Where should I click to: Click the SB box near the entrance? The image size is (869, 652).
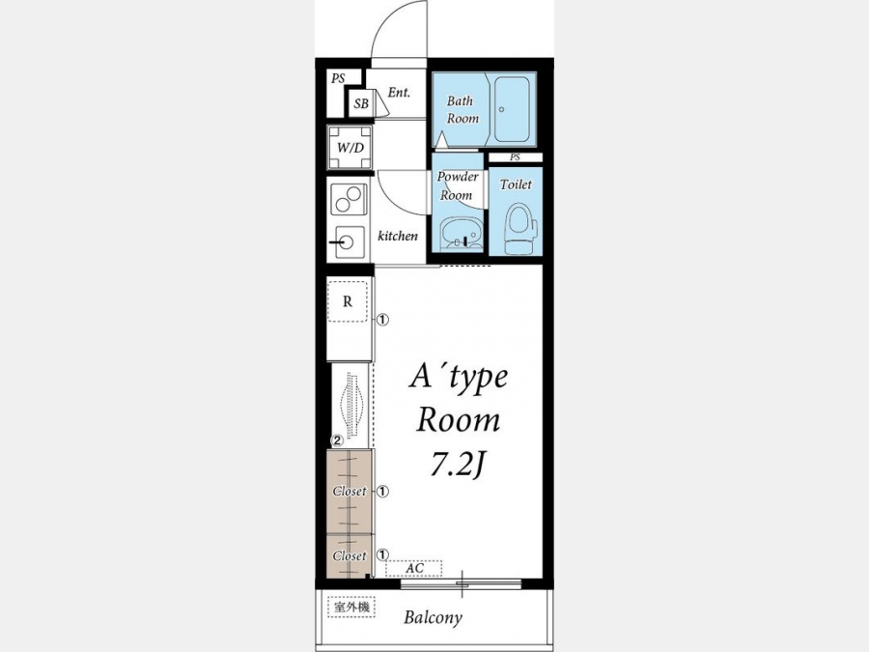click(361, 103)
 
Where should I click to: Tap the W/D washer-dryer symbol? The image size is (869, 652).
click(350, 148)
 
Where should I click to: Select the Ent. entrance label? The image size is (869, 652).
click(399, 93)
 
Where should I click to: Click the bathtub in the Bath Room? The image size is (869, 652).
click(512, 109)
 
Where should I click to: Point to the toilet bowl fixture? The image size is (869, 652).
click(520, 228)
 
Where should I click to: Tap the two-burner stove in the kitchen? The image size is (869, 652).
click(349, 199)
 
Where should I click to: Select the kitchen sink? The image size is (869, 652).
click(348, 242)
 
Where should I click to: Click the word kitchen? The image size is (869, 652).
click(398, 237)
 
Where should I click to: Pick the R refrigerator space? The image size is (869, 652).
click(348, 301)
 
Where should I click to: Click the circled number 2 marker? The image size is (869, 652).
click(337, 441)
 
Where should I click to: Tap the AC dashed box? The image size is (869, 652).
click(414, 568)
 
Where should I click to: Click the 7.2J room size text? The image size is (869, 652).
click(459, 467)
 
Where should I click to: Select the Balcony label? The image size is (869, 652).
click(433, 617)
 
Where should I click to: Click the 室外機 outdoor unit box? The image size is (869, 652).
click(351, 608)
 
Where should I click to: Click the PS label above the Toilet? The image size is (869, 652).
click(515, 157)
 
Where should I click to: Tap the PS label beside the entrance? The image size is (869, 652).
click(338, 79)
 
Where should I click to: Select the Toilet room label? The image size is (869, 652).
click(516, 184)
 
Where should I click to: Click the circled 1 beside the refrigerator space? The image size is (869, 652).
click(383, 320)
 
